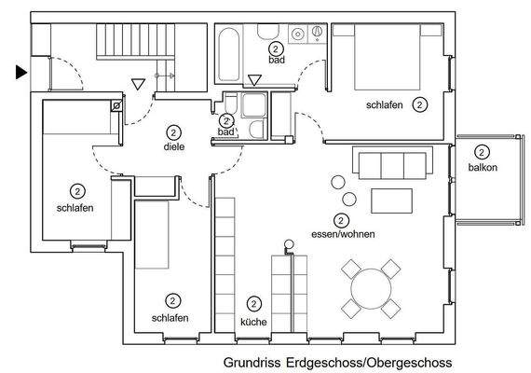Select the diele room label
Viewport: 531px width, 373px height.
pos(172,145)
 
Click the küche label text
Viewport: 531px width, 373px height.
pos(253,322)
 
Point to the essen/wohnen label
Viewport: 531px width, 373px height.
pos(342,235)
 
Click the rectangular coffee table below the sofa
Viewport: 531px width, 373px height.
pos(391,200)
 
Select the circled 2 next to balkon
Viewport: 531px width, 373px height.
pos(482,151)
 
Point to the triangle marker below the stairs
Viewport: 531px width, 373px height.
pos(138,84)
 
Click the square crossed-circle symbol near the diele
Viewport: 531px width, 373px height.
pos(116,107)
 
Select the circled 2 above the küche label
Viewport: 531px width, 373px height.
pos(253,304)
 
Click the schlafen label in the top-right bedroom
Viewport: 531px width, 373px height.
pos(385,105)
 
